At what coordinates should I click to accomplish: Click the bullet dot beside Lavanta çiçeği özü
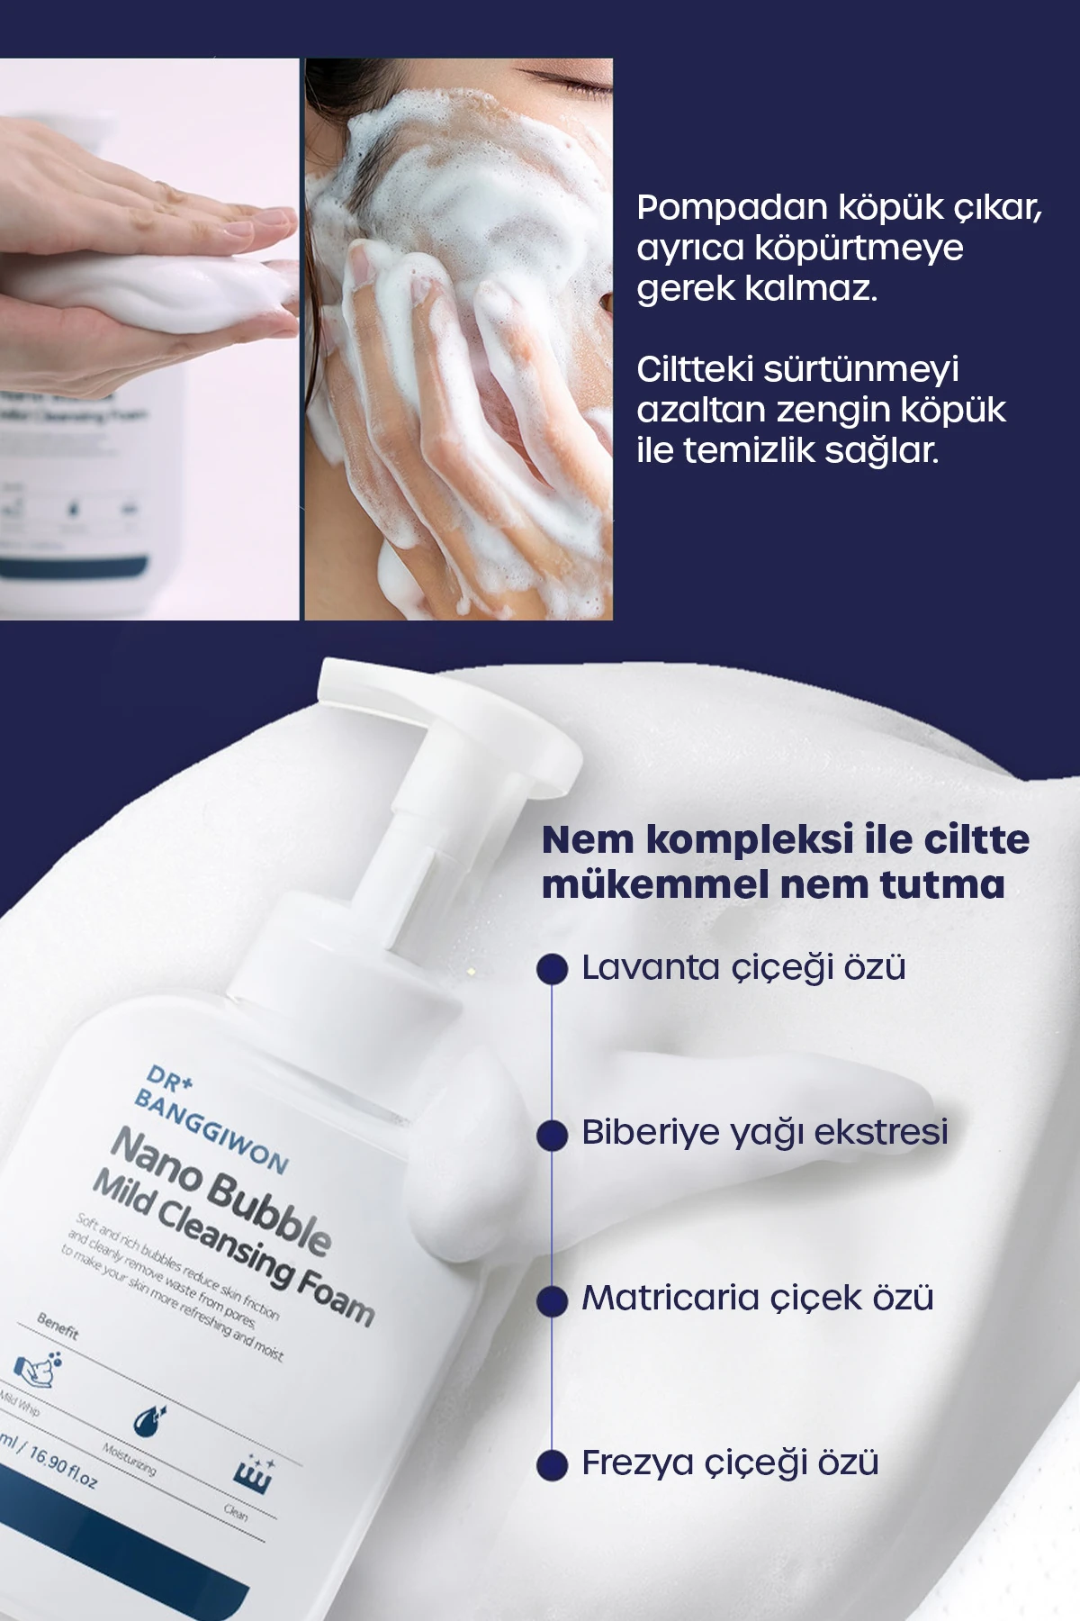pyautogui.click(x=552, y=969)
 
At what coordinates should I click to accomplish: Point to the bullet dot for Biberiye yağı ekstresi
pyautogui.click(x=552, y=1135)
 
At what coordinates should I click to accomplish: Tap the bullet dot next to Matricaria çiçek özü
pyautogui.click(x=552, y=1300)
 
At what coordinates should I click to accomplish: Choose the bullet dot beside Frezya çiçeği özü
pyautogui.click(x=552, y=1465)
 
